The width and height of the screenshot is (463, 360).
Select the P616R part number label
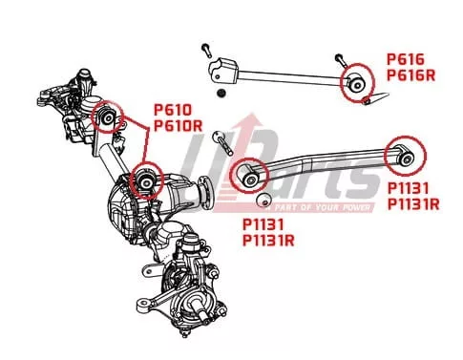[x=410, y=75]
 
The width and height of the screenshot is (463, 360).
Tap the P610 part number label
[x=173, y=110]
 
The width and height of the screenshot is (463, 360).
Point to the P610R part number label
[x=179, y=125]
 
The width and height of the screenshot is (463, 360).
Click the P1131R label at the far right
[x=413, y=204]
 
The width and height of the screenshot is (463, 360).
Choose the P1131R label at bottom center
[x=268, y=241]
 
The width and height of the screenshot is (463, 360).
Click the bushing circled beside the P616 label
[x=357, y=84]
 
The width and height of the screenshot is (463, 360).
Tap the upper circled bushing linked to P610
[x=108, y=117]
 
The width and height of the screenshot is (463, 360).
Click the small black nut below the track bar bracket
[x=220, y=93]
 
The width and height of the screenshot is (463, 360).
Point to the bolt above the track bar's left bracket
[x=206, y=51]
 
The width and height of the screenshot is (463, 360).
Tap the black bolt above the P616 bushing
[x=340, y=60]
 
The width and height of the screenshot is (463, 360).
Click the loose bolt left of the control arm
[x=222, y=142]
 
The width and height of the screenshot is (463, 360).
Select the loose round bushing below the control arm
[x=263, y=200]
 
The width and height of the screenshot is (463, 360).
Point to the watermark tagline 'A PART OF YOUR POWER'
[x=319, y=208]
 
